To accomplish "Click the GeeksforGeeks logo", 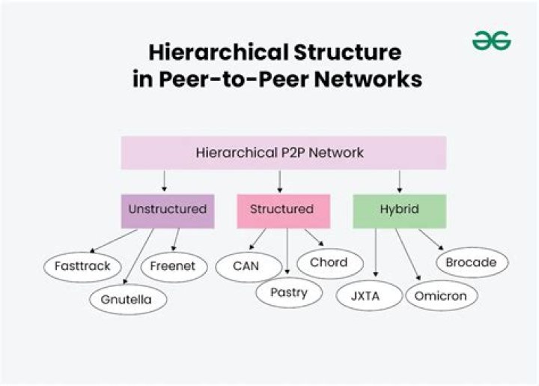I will pos(491,40).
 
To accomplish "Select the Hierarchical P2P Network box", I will pos(279,153).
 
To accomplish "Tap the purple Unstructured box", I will pos(167,210).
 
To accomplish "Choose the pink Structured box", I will pos(282,210).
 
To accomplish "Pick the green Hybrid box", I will pos(399,210).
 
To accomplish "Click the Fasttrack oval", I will pos(82,266).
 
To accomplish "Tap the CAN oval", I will pos(246,266).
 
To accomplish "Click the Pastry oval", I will pos(290,292).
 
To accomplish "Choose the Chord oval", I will pos(328,263).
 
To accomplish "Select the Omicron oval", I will pos(441,295).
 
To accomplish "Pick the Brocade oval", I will pos(472,263).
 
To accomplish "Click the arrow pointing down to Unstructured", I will pos(164,181).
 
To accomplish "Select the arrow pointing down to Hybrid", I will pos(399,181).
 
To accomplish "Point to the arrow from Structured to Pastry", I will pos(287,252).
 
